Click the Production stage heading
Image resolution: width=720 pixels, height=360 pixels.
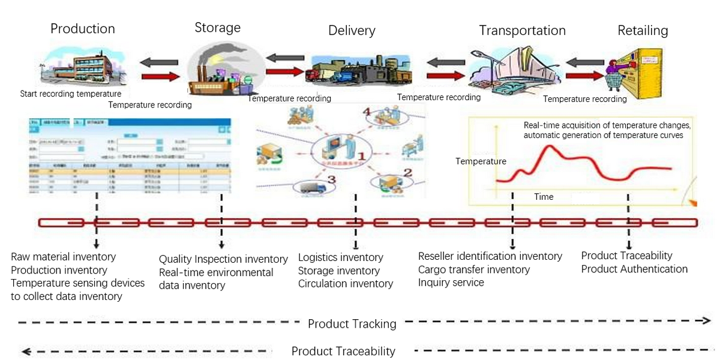click(82, 29)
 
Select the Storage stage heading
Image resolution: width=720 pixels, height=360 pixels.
click(217, 28)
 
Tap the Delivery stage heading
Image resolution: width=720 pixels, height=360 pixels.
click(352, 31)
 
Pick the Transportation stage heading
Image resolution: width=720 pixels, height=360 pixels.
click(522, 30)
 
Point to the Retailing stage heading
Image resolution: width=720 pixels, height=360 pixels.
click(643, 30)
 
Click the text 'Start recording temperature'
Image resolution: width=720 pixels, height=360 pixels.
click(71, 94)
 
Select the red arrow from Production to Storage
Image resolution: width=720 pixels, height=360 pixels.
click(160, 76)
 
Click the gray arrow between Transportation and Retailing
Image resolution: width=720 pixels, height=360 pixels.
click(586, 62)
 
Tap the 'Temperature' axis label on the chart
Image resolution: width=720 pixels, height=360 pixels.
click(481, 161)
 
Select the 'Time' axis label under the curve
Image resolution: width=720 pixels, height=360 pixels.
click(544, 197)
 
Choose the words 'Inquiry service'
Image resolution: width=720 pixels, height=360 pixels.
click(451, 283)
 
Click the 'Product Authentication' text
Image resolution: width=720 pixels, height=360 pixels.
click(634, 269)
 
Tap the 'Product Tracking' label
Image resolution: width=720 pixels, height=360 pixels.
click(352, 324)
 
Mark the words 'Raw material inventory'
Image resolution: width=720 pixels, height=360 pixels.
click(64, 257)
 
